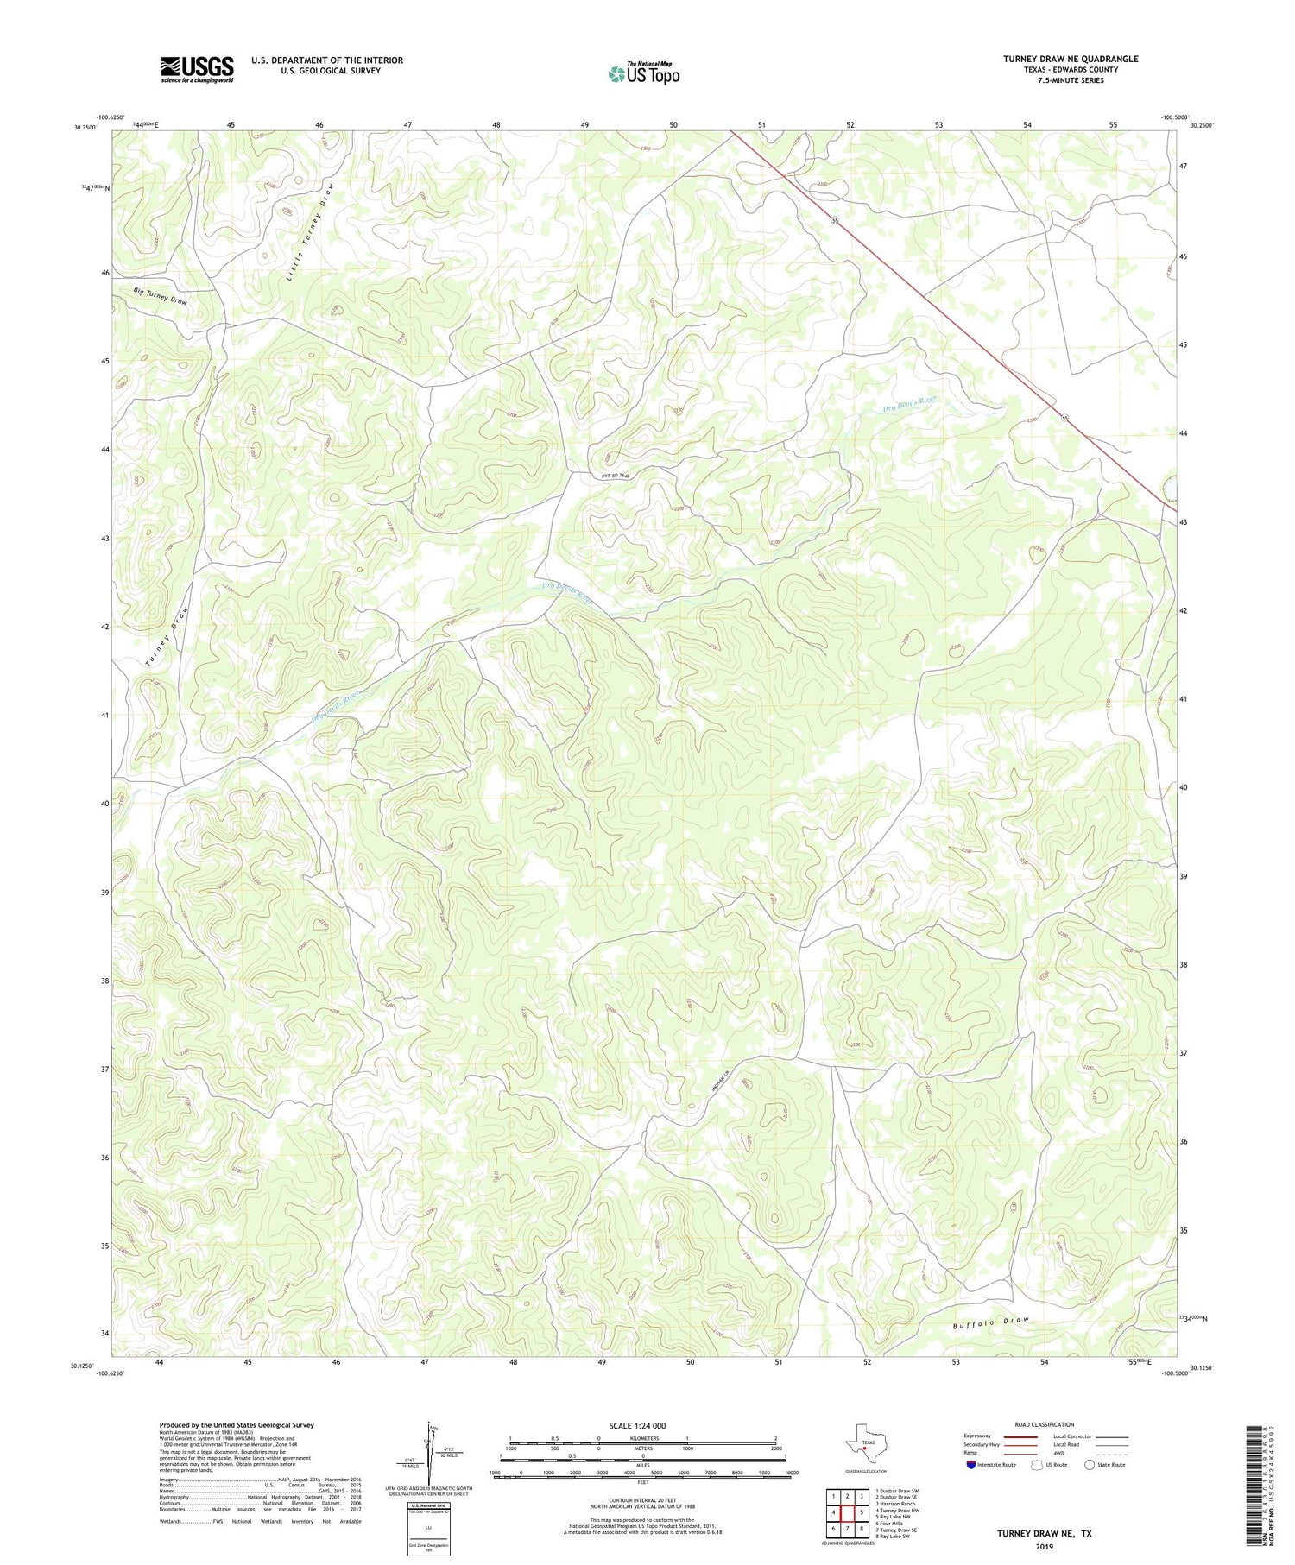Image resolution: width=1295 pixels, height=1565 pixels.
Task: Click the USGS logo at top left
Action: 197,69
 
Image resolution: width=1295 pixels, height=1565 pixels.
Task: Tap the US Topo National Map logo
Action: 643,73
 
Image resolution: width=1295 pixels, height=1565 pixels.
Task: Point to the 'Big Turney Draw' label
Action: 161,296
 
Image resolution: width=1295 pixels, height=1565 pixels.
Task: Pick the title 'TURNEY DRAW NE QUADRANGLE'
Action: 1070,59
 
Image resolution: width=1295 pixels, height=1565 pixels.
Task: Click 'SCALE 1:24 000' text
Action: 643,1425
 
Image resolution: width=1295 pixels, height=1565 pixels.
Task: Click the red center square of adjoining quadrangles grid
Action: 847,1512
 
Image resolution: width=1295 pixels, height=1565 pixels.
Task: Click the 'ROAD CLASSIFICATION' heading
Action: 1045,1424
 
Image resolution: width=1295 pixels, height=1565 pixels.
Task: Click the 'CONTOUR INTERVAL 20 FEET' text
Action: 643,1501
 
